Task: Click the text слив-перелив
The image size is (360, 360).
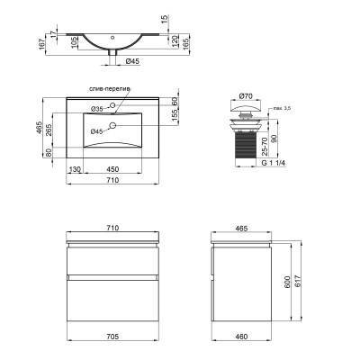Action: click(x=110, y=91)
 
